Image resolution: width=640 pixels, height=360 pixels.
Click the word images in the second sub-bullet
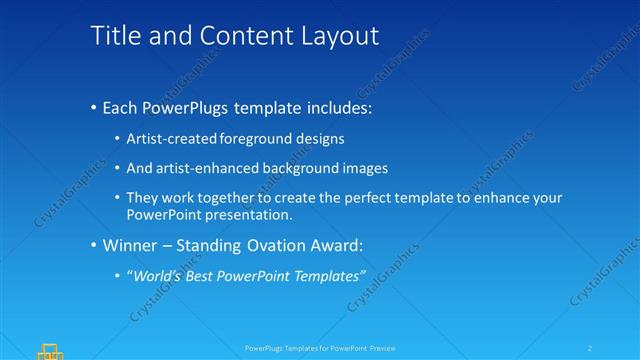tap(363, 168)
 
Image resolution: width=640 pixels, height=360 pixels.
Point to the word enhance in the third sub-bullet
tap(503, 198)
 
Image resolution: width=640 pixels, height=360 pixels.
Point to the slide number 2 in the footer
tap(591, 348)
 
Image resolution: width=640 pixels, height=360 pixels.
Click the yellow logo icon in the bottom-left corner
tap(50, 351)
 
